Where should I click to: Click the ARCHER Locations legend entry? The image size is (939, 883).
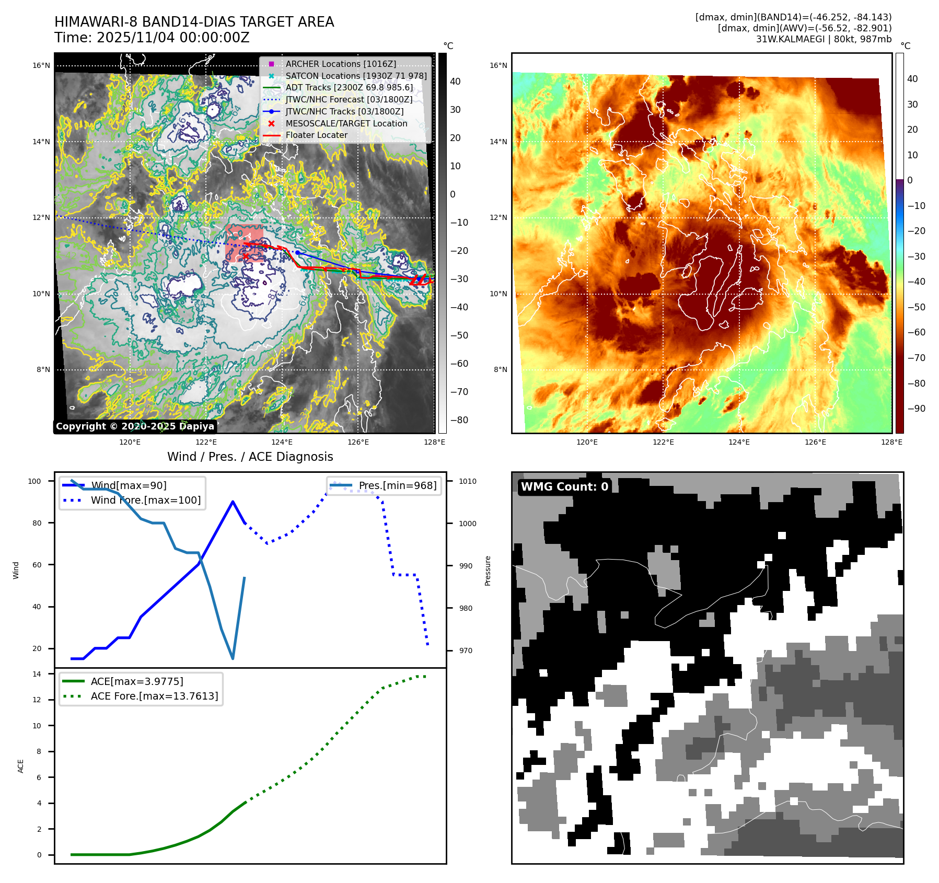pos(340,64)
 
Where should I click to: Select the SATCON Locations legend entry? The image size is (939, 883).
pos(356,76)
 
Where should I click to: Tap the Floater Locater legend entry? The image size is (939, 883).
pos(316,135)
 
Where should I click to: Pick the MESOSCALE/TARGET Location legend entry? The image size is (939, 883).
pos(346,123)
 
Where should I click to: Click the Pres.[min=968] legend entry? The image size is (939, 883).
pos(397,485)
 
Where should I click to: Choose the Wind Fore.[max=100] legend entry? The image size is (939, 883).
pos(145,500)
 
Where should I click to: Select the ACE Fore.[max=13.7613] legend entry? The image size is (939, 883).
pos(154,696)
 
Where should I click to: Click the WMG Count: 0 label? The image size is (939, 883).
pos(564,486)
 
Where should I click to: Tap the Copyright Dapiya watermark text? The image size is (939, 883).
pos(135,426)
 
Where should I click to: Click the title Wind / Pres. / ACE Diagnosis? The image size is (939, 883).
pos(250,457)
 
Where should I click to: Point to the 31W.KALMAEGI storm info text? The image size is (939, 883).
pos(824,39)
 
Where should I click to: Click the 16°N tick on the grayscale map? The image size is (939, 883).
pos(41,66)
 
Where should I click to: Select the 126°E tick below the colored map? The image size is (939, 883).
pos(815,442)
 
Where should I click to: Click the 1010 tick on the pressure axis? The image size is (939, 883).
pos(468,481)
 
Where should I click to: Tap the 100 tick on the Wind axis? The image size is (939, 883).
pos(34,481)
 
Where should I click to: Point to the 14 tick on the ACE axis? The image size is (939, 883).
pos(37,674)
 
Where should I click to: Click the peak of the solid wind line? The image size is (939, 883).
pos(233,502)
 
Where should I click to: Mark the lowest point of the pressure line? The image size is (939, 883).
pos(233,658)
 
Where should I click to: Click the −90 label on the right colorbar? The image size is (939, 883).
pos(916,409)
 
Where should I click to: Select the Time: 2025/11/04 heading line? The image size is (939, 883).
pos(152,38)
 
